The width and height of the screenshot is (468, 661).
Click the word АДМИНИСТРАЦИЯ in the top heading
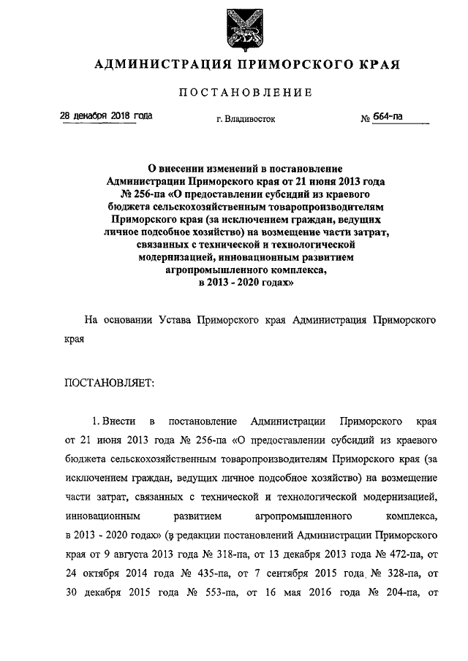coord(155,65)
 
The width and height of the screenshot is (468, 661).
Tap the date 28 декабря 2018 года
coord(106,116)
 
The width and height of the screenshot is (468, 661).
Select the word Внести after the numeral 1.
coord(120,421)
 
